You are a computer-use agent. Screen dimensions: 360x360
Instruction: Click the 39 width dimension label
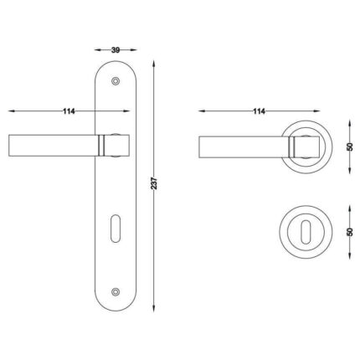(x=116, y=50)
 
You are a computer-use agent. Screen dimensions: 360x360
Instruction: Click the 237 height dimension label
(x=154, y=183)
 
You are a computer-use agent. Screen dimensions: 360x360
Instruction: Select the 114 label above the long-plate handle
(x=69, y=111)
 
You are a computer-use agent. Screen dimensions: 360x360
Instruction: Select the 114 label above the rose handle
(x=259, y=111)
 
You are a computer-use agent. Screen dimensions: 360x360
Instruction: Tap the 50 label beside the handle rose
(x=350, y=147)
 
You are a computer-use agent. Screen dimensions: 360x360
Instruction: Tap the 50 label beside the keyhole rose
(x=350, y=232)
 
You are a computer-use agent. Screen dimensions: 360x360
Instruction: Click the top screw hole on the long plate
(x=116, y=81)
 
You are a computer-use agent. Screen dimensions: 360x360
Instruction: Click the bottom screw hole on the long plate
(x=116, y=291)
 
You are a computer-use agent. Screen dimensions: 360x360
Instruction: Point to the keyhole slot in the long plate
(x=115, y=229)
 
